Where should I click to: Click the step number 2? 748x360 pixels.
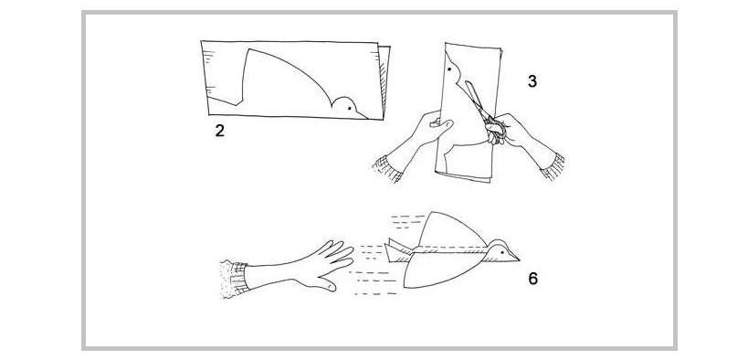pyautogui.click(x=219, y=131)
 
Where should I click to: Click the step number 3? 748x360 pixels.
pyautogui.click(x=532, y=81)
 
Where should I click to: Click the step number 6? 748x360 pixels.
pyautogui.click(x=532, y=279)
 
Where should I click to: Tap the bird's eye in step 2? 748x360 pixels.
pyautogui.click(x=349, y=109)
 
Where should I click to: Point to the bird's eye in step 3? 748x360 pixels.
pyautogui.click(x=451, y=69)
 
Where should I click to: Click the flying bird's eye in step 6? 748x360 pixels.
pyautogui.click(x=501, y=251)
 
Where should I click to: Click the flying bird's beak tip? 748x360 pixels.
pyautogui.click(x=519, y=260)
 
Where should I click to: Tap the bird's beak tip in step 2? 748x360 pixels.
pyautogui.click(x=367, y=118)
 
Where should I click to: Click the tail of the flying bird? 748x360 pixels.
pyautogui.click(x=397, y=250)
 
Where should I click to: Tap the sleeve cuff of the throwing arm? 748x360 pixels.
pyautogui.click(x=235, y=280)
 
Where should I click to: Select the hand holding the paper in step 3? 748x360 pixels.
pyautogui.click(x=428, y=128)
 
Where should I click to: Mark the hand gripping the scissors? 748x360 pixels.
pyautogui.click(x=507, y=129)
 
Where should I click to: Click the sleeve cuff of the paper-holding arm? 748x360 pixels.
pyautogui.click(x=387, y=168)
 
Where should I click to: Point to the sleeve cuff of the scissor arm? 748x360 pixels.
pyautogui.click(x=553, y=166)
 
